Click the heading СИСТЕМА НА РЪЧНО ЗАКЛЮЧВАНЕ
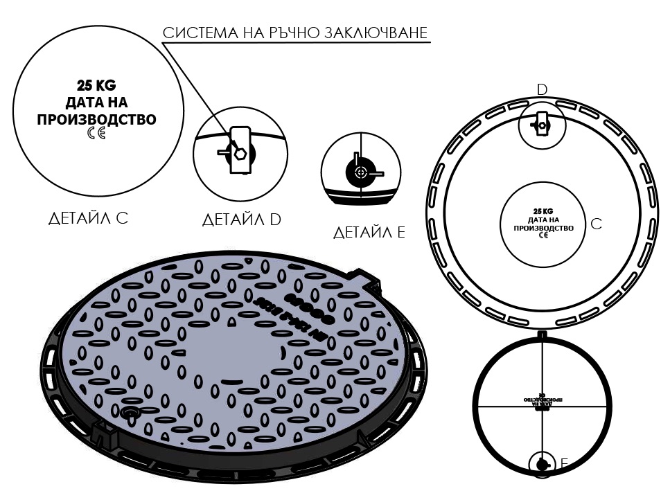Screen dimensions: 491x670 [294, 33]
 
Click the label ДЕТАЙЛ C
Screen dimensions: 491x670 [88, 218]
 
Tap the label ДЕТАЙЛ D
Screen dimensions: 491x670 [241, 220]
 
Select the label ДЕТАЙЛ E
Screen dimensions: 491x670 [369, 232]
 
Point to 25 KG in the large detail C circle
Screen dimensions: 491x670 [97, 87]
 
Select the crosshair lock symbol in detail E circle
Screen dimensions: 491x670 [360, 172]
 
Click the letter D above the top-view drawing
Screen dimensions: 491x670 [543, 89]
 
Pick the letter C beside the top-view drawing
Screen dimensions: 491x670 [596, 224]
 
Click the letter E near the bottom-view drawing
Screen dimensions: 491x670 [564, 463]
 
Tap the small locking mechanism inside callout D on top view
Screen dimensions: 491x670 [541, 125]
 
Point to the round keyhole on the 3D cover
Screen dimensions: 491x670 [130, 413]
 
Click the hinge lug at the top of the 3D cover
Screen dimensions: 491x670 [365, 278]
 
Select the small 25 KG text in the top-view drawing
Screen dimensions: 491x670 [543, 211]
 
